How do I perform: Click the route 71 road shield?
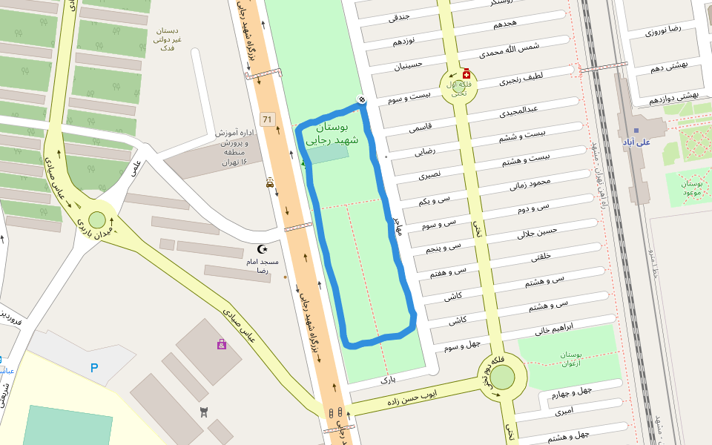tap(268, 119)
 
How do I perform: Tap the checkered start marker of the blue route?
tap(362, 100)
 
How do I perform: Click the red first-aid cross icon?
tap(466, 75)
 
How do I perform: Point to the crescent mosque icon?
tap(260, 250)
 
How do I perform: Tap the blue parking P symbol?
tap(93, 367)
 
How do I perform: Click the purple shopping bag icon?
tap(221, 344)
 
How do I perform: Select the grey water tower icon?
tap(205, 412)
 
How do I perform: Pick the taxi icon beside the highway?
tap(269, 183)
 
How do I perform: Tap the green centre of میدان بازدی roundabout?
tap(97, 220)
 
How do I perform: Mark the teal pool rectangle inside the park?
tap(328, 154)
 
